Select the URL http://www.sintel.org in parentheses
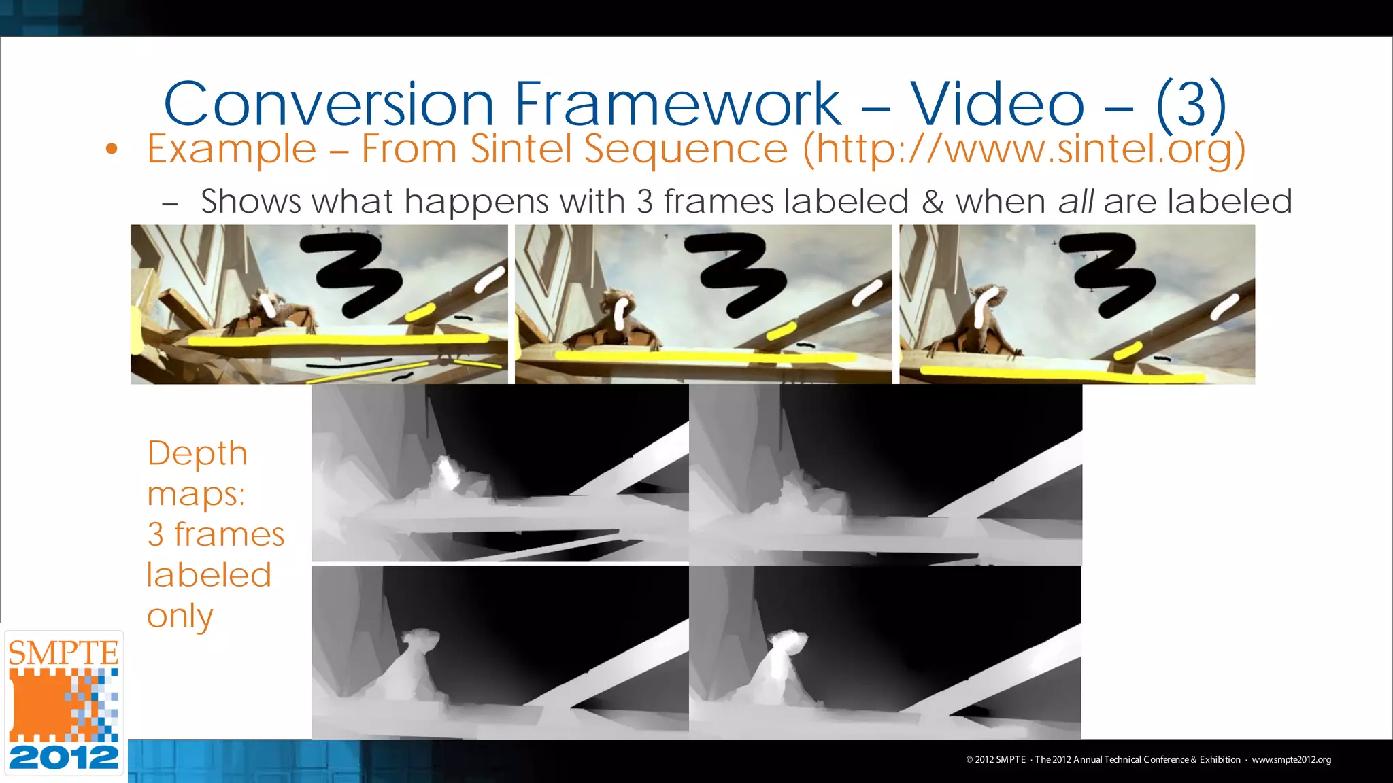(1024, 150)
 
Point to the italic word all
(1075, 201)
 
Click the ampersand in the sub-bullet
(932, 202)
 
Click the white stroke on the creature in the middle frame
(621, 313)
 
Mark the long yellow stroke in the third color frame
(1061, 373)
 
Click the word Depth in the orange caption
(197, 453)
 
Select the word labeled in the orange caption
(209, 575)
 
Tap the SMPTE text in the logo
(63, 653)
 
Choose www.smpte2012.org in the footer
(1291, 759)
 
